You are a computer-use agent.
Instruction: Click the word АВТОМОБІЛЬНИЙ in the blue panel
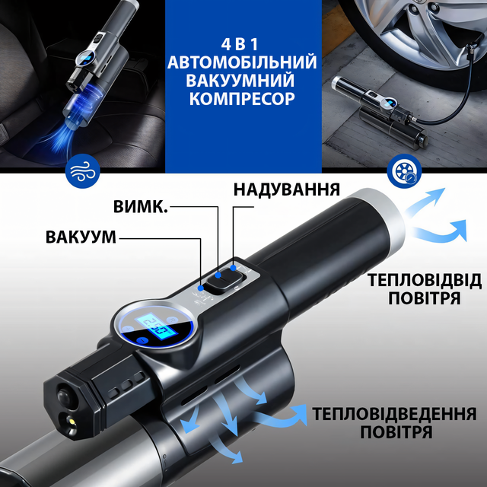[242, 62]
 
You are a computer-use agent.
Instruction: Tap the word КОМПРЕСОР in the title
[242, 98]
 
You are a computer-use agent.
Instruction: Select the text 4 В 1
[240, 44]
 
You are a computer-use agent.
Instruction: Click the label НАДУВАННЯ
[286, 189]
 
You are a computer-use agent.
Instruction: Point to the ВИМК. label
[140, 206]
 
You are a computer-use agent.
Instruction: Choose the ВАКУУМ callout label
[81, 237]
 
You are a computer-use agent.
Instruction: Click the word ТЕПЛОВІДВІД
[425, 281]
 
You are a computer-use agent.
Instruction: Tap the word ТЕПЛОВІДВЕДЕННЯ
[394, 413]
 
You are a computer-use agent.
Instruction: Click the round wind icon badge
[83, 170]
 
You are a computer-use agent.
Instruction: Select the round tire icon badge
[404, 170]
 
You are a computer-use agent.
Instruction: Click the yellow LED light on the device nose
[72, 422]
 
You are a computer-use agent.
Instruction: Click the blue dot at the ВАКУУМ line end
[201, 288]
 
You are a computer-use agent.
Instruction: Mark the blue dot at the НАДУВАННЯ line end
[234, 267]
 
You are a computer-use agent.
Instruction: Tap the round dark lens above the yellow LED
[64, 395]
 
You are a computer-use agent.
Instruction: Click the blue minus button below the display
[142, 341]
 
